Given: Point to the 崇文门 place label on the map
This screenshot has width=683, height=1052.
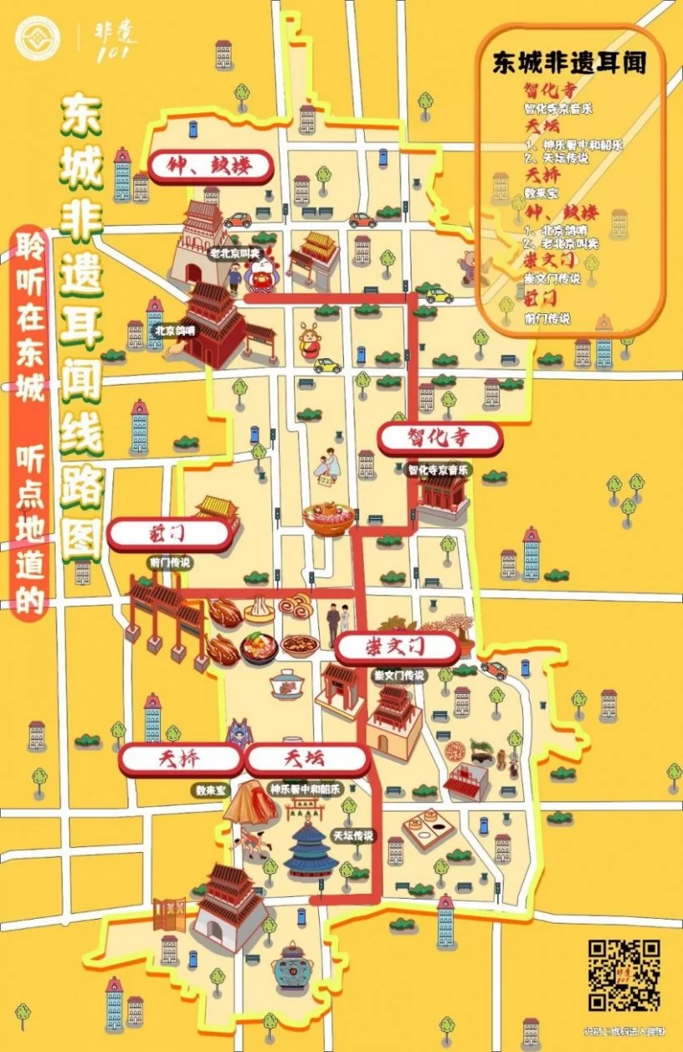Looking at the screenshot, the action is click(397, 646).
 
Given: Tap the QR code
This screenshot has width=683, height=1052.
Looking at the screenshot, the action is click(624, 975).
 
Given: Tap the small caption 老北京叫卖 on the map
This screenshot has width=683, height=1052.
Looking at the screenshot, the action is click(234, 253).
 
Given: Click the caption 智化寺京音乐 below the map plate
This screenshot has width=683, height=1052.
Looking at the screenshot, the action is click(439, 470).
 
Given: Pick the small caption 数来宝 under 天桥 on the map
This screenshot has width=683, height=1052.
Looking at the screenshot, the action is click(211, 789).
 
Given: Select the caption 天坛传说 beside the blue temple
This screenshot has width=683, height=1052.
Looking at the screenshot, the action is click(353, 835).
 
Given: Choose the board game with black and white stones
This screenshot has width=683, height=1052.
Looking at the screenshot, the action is click(428, 830).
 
